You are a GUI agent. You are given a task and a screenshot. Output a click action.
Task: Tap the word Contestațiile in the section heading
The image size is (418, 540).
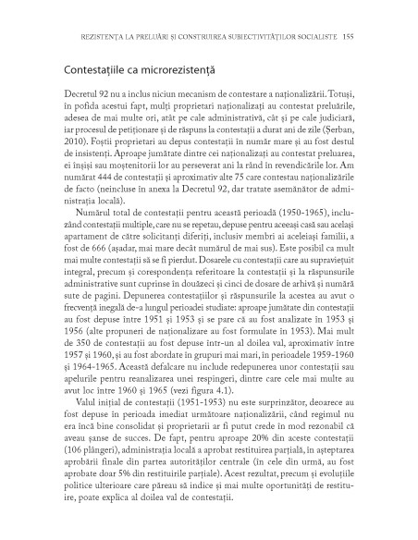tap(87, 69)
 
